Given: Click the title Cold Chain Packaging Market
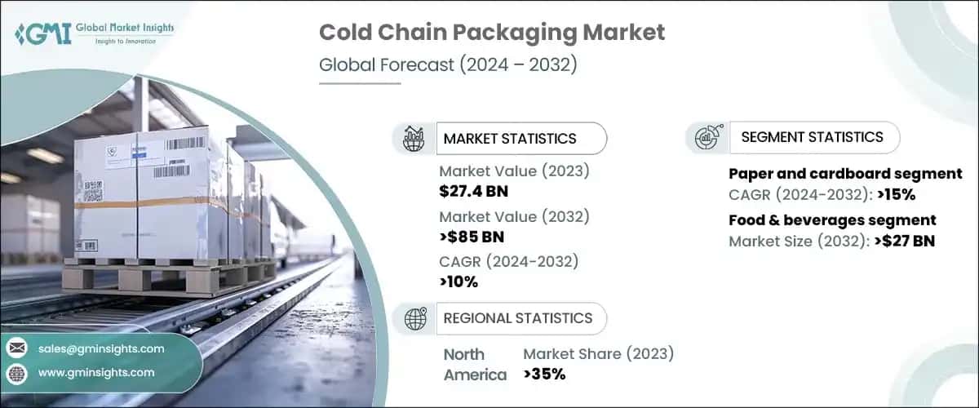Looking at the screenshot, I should tap(492, 33).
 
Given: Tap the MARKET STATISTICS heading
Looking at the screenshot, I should tap(509, 139).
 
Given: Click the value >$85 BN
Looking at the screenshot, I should tap(472, 237).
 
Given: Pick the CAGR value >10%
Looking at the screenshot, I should tap(458, 282).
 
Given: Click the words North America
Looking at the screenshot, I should tap(474, 365).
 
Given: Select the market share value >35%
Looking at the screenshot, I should tap(544, 375).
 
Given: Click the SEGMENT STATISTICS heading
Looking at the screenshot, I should tap(812, 137).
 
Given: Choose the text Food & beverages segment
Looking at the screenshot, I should tap(832, 220).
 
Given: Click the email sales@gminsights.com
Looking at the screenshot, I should tap(100, 348).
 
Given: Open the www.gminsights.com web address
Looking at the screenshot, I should tap(95, 372).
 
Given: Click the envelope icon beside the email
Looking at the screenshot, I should tap(17, 348).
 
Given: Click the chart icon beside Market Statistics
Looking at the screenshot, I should tap(414, 139).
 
